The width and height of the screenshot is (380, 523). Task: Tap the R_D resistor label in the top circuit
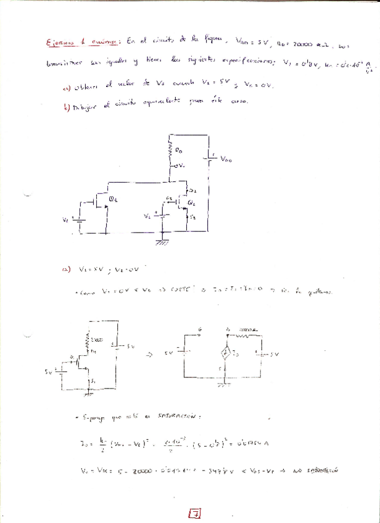tap(179, 150)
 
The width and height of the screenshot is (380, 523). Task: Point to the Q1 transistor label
tap(114, 199)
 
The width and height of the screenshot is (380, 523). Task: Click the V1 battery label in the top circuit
tap(66, 220)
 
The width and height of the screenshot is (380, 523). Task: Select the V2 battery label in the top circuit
tap(146, 216)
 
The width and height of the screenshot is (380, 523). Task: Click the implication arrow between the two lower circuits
tap(149, 355)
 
